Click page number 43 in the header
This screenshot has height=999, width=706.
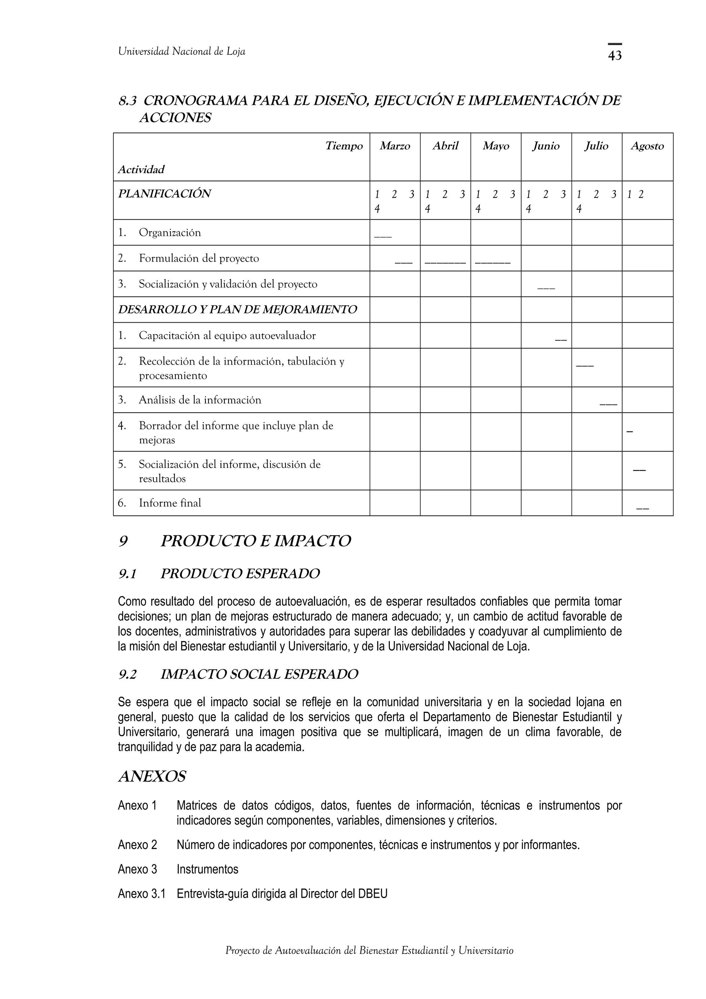[614, 55]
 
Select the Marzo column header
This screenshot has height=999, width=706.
[395, 146]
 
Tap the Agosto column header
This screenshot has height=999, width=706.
[647, 146]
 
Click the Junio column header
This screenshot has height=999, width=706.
[546, 146]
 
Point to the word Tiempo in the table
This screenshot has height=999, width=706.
[344, 146]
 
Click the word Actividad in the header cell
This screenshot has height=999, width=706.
[141, 169]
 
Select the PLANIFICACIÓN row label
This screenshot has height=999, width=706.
[164, 194]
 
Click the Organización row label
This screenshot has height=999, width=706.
[170, 232]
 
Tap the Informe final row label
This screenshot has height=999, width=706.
[170, 503]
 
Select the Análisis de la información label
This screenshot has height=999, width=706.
[200, 400]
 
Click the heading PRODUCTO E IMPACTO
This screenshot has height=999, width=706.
[255, 541]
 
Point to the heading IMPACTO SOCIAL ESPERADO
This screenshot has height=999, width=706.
[259, 674]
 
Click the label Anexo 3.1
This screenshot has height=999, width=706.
[141, 894]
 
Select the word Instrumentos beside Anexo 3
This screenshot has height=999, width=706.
[207, 869]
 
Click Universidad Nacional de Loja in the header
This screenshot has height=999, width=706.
[181, 51]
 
